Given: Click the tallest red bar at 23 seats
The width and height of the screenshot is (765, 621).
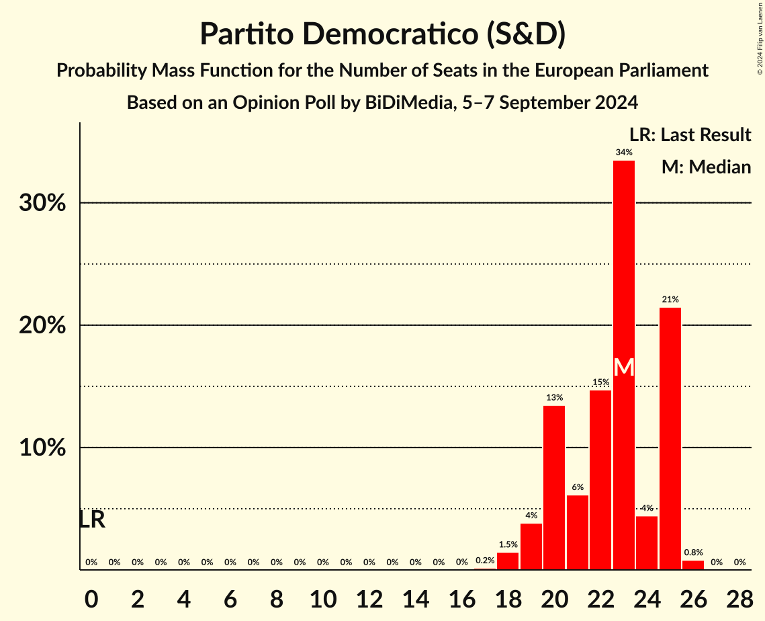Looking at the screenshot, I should point(623,269).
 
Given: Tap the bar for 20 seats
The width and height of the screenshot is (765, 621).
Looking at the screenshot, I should point(554,487).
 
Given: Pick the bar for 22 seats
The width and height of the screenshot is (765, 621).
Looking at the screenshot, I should point(600,480).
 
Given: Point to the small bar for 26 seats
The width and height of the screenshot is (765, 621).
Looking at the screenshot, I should point(693,565).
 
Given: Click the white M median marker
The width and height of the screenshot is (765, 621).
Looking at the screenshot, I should point(624,368).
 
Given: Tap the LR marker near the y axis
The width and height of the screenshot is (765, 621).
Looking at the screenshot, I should point(92,520).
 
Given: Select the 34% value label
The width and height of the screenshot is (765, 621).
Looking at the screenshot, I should point(624,153).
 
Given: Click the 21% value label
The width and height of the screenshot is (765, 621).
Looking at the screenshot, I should point(670,299).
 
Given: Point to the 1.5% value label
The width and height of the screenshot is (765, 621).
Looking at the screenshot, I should point(508,544).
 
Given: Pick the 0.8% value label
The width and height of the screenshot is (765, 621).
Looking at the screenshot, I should point(693,552).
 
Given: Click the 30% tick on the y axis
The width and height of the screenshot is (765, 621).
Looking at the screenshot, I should point(42,203).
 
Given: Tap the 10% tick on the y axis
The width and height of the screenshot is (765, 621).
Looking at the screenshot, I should point(42,448).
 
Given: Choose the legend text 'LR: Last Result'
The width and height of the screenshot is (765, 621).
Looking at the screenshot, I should point(690,135).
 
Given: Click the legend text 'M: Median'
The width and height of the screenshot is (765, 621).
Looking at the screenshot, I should point(706,167).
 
